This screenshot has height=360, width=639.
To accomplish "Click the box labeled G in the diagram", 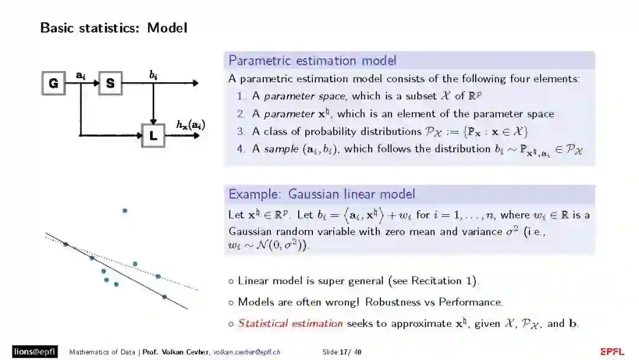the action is point(53,83).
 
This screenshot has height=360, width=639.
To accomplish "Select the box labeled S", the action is point(110,83).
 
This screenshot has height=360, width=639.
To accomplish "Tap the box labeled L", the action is point(153,136).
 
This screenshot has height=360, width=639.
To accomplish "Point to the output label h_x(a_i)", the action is point(191,124).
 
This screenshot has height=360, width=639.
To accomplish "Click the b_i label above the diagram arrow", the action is point(153,74).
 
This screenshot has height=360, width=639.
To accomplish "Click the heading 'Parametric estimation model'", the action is point(312,60).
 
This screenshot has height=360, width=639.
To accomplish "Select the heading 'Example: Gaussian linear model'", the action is point(322,194).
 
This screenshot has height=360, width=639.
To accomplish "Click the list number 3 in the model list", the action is point(241,131).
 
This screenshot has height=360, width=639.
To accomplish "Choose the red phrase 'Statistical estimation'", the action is point(290,323).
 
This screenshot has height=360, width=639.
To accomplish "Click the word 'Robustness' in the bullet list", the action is point(392,302).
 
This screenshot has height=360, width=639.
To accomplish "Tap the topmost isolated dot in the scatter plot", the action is point(124,211).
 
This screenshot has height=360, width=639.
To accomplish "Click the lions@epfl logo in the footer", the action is point(35,352).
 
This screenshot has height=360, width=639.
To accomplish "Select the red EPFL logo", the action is point(612,352).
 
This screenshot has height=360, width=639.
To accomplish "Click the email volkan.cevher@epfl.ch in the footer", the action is point(247,352).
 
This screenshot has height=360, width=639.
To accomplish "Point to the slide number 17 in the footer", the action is point(343,352).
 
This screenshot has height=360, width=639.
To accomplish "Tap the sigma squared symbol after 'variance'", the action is point(511,231).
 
